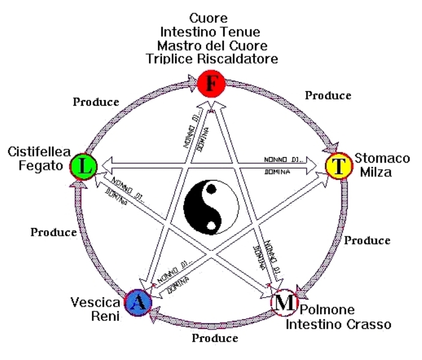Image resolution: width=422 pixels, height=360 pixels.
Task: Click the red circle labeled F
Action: tap(211, 85)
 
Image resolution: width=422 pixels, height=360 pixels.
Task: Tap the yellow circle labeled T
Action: tap(339, 166)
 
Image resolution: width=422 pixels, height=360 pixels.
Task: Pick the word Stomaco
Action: tap(382, 158)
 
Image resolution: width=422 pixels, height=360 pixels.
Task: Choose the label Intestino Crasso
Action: tap(338, 325)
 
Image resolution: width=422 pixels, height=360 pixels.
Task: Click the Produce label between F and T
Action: tap(328, 95)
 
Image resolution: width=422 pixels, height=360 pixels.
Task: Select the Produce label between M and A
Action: tap(215, 338)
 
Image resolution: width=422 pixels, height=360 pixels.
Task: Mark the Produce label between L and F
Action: tap(96, 101)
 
